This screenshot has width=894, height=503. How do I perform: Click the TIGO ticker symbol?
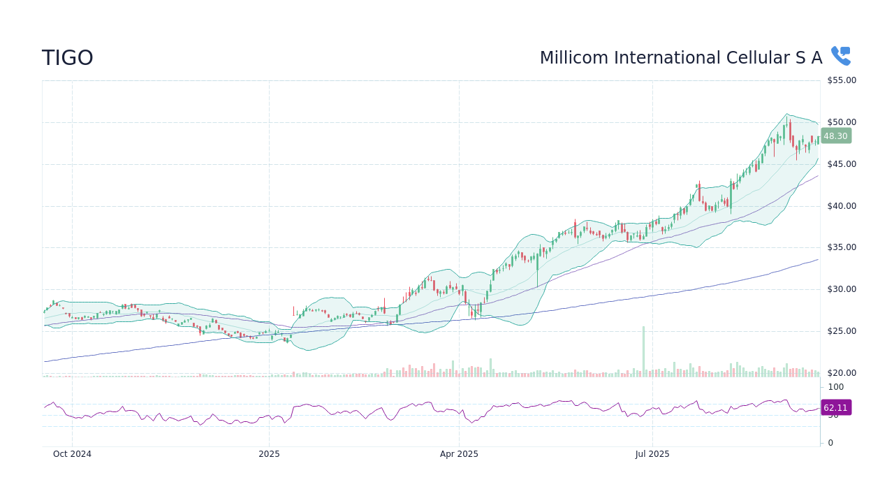point(68,58)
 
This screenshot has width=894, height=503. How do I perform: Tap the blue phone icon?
point(840,56)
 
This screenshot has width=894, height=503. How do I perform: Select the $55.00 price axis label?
point(841,80)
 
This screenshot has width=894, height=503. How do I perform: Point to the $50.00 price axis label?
point(841,122)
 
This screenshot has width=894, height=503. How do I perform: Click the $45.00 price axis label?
point(841,164)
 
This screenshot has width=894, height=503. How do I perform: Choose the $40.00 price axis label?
point(841,206)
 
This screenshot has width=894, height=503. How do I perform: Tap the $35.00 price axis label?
point(841,247)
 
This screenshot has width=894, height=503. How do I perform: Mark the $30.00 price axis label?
point(841,289)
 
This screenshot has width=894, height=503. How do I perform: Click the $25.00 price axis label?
point(841,331)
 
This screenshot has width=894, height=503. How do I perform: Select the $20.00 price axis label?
point(841,373)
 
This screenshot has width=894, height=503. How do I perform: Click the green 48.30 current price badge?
point(835,136)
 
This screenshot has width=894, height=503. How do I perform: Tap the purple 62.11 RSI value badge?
point(835,408)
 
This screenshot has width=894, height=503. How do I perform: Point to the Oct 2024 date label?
point(72,454)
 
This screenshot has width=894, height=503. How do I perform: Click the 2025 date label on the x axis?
point(269,454)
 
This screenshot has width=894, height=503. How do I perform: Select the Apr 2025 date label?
point(459,454)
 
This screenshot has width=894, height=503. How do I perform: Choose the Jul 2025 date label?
point(652,454)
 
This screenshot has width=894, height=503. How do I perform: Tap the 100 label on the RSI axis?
point(835,387)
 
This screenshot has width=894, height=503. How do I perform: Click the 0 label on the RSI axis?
point(830,443)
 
